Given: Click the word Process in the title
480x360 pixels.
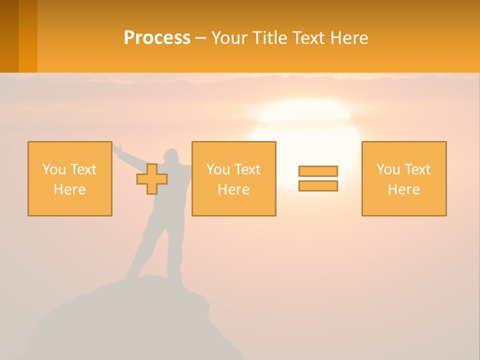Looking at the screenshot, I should (157, 38).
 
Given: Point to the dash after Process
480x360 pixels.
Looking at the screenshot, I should (200, 38).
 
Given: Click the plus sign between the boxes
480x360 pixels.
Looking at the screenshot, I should (152, 179).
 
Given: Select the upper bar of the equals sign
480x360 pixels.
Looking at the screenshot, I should (318, 171).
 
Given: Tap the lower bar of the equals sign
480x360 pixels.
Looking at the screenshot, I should (318, 186).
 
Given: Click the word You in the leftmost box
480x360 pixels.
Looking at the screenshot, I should (53, 169).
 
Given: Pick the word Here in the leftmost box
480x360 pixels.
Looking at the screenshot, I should (69, 189).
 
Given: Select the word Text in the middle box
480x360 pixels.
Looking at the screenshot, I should (247, 169).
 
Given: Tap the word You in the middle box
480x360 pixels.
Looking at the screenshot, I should (217, 169).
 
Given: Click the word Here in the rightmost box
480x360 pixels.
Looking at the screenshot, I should (403, 189).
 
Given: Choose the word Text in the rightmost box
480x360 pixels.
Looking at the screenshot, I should (417, 169).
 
